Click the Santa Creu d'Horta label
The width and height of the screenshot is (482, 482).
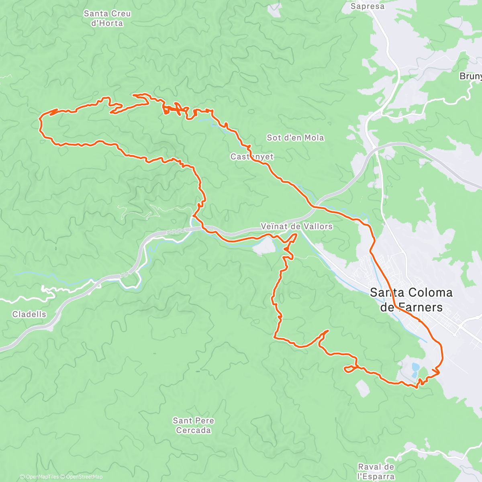(107, 18)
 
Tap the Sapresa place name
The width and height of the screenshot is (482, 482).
(367, 6)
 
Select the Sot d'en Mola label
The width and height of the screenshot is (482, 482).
(295, 138)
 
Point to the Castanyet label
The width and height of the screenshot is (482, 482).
(252, 157)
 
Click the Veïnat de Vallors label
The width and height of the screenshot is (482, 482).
(296, 227)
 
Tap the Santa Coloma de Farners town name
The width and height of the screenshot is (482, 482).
(411, 300)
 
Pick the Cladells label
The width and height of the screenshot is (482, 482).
(29, 314)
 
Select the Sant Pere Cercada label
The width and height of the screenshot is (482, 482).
(194, 425)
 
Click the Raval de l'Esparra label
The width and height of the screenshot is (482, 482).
(376, 472)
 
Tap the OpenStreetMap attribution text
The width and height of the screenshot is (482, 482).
(84, 477)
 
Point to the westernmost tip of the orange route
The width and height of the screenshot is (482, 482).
(40, 119)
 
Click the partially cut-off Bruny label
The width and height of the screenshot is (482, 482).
(471, 76)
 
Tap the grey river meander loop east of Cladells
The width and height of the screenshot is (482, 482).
(131, 281)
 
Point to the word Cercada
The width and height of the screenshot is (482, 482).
(194, 430)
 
